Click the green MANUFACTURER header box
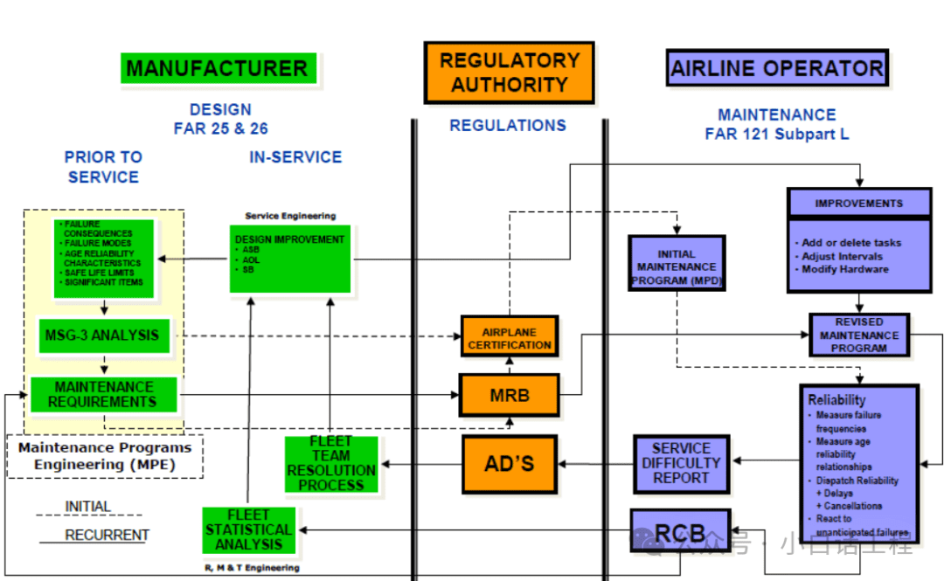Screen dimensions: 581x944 217,68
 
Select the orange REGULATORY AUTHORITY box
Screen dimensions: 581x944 509,73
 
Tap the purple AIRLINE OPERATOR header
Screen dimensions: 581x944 777,68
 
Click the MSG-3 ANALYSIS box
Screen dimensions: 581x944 104,335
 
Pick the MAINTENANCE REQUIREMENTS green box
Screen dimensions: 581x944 103,395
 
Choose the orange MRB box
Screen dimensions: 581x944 509,396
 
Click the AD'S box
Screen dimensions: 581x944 509,463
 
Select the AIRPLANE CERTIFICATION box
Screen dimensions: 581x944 509,338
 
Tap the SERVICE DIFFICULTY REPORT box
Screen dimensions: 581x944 681,463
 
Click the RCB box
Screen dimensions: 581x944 680,530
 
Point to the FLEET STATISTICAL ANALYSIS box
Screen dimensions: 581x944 249,530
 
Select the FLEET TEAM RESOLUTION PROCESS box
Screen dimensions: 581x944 330,463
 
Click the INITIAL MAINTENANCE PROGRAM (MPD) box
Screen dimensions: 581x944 677,263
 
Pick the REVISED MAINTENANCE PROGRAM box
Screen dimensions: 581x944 859,335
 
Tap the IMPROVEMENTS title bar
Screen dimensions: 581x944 859,204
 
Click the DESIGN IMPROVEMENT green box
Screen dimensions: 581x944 290,259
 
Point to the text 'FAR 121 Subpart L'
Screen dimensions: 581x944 776,135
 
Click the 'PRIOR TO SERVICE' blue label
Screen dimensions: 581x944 103,167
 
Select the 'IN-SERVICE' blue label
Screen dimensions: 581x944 295,157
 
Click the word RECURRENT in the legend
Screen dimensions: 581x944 107,535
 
